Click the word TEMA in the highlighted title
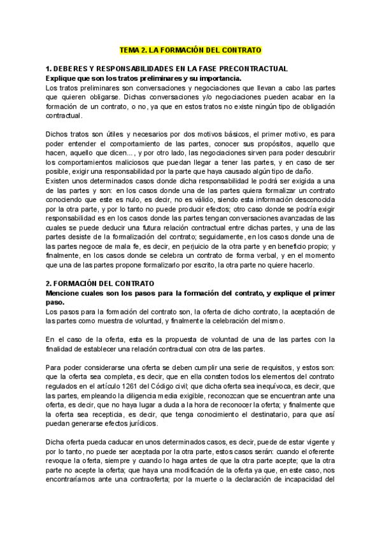coord(131,50)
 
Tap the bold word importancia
coord(218,77)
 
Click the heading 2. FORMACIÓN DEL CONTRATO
coord(103,283)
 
